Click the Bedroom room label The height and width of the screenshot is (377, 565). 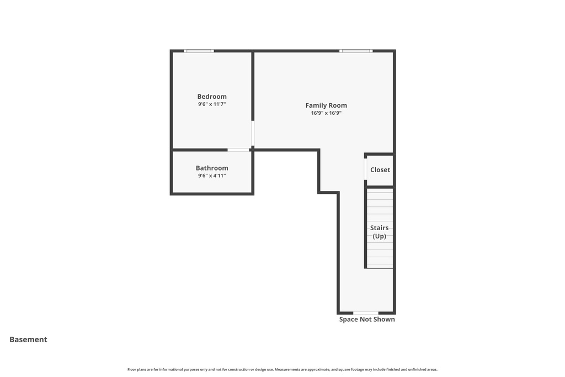click(212, 97)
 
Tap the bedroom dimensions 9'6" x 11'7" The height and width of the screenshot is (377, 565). click(212, 104)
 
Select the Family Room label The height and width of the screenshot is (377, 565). click(326, 105)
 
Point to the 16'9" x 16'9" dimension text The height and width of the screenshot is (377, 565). click(326, 113)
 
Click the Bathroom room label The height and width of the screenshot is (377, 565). click(212, 168)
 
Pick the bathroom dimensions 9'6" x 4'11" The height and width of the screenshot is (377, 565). click(212, 176)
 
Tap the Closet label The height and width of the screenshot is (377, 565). click(380, 170)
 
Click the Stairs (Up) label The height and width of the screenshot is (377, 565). click(379, 232)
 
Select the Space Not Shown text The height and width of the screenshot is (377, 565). click(367, 319)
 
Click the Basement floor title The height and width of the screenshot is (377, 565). click(28, 339)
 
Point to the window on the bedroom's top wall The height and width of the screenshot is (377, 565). click(199, 51)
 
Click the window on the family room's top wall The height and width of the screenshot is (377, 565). click(356, 51)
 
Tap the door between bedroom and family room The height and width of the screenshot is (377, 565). click(253, 133)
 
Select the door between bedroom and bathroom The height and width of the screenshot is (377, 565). click(238, 150)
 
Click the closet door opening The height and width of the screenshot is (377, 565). click(365, 169)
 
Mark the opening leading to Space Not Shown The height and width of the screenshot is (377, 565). click(366, 313)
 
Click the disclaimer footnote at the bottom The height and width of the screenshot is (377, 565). click(282, 369)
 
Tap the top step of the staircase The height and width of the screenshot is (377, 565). click(380, 192)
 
